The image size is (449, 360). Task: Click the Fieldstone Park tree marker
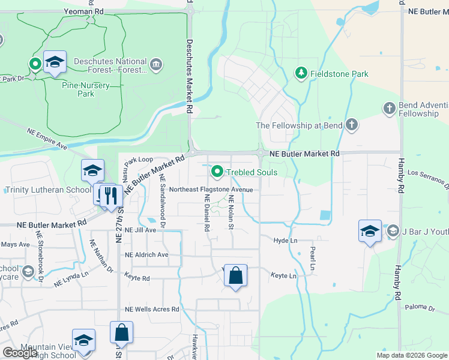(x=300, y=73)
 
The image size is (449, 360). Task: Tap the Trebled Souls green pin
(x=217, y=172)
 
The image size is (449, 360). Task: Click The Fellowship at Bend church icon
(x=351, y=125)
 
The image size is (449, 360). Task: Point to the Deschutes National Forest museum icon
(x=156, y=65)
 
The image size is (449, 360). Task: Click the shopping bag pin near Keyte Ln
(x=236, y=276)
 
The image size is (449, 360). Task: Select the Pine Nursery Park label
(x=86, y=89)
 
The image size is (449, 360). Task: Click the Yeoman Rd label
(x=86, y=11)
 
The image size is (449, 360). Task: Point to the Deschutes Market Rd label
(x=189, y=77)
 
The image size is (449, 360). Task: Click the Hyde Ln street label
(x=285, y=240)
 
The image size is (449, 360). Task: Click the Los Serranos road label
(x=427, y=176)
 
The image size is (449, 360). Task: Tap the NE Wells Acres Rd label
(x=152, y=310)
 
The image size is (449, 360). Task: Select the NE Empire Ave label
(x=47, y=137)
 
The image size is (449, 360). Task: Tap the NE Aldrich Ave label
(x=146, y=254)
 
